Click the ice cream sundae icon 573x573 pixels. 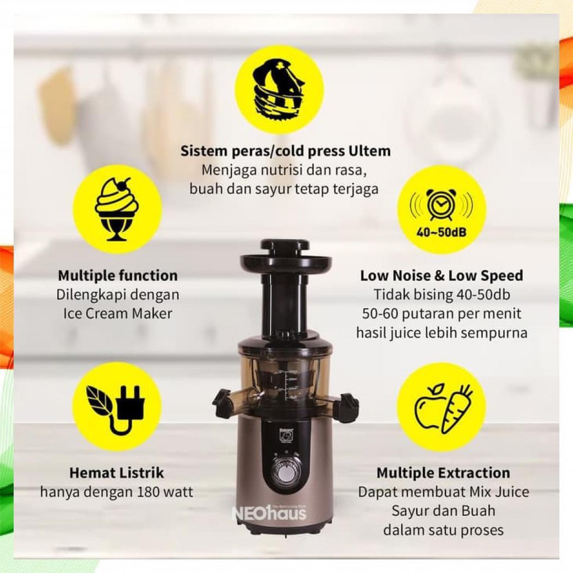click(116, 209)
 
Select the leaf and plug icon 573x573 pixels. click(116, 407)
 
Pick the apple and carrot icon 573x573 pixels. click(442, 407)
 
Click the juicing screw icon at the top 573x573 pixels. click(278, 89)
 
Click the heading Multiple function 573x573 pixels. click(118, 275)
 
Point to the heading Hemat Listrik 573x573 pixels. click(116, 473)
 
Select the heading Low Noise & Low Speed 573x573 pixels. click(442, 275)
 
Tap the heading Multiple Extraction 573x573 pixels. click(443, 473)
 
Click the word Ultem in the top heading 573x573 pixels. click(369, 151)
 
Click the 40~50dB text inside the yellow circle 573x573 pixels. click(442, 230)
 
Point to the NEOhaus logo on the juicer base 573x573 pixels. click(269, 513)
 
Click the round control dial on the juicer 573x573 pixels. click(285, 472)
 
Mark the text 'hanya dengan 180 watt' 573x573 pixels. click(116, 492)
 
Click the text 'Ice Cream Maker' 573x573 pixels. click(118, 313)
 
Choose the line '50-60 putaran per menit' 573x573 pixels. click(442, 313)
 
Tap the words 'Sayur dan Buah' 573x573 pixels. click(443, 511)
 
